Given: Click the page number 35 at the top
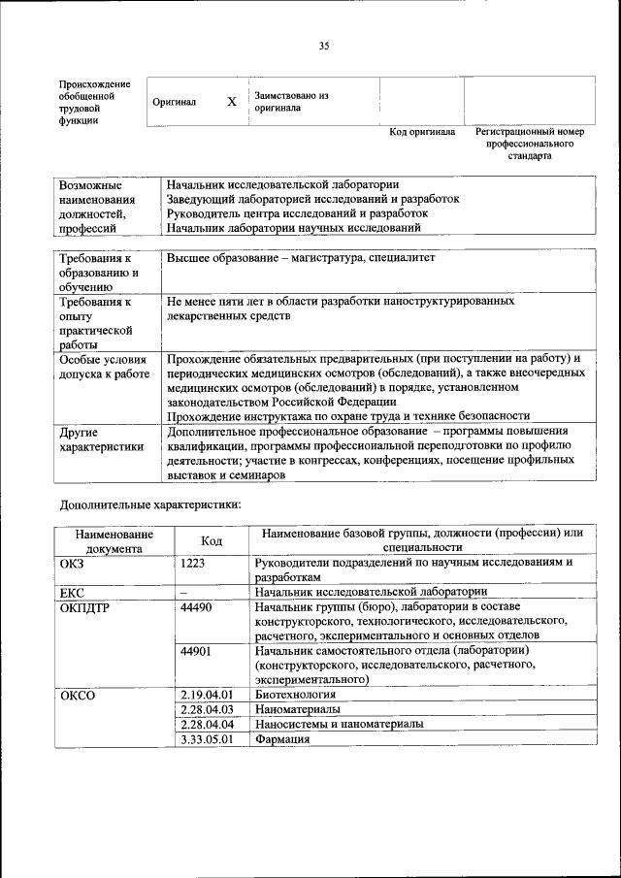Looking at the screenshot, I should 324,46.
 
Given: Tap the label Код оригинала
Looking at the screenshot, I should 422,132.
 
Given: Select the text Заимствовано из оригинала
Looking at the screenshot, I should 291,102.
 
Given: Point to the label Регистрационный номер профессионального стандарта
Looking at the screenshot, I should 529,143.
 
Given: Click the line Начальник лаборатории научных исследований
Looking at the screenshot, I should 293,228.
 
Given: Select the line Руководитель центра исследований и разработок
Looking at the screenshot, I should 297,212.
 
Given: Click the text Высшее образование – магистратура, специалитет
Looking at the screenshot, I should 302,259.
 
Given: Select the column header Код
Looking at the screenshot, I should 212,540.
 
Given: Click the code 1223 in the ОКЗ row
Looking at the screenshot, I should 193,562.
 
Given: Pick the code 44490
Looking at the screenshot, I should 197,605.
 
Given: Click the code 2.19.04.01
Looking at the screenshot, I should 208,695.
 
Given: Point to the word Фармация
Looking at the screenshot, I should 281,739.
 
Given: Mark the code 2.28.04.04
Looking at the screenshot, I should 208,725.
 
